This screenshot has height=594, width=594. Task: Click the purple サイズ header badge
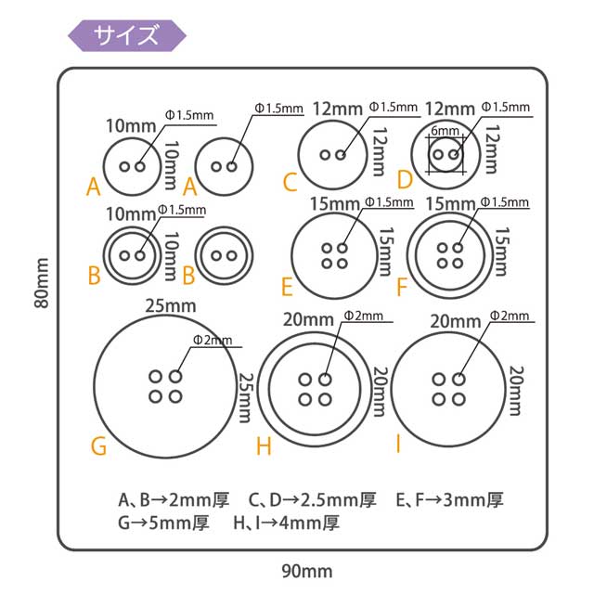click(x=127, y=35)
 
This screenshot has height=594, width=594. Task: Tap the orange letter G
click(x=99, y=446)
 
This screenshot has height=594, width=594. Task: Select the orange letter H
click(x=264, y=446)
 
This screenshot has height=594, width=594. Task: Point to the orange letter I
click(x=397, y=445)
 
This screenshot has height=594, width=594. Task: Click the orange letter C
click(x=290, y=180)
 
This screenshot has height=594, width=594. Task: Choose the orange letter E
click(x=287, y=284)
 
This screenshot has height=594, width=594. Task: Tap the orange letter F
click(x=401, y=285)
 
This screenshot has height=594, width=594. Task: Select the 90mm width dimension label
click(x=306, y=570)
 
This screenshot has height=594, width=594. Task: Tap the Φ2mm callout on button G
click(x=213, y=341)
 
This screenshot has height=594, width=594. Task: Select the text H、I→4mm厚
click(x=287, y=523)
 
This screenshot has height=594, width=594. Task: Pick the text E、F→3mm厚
click(x=449, y=500)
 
